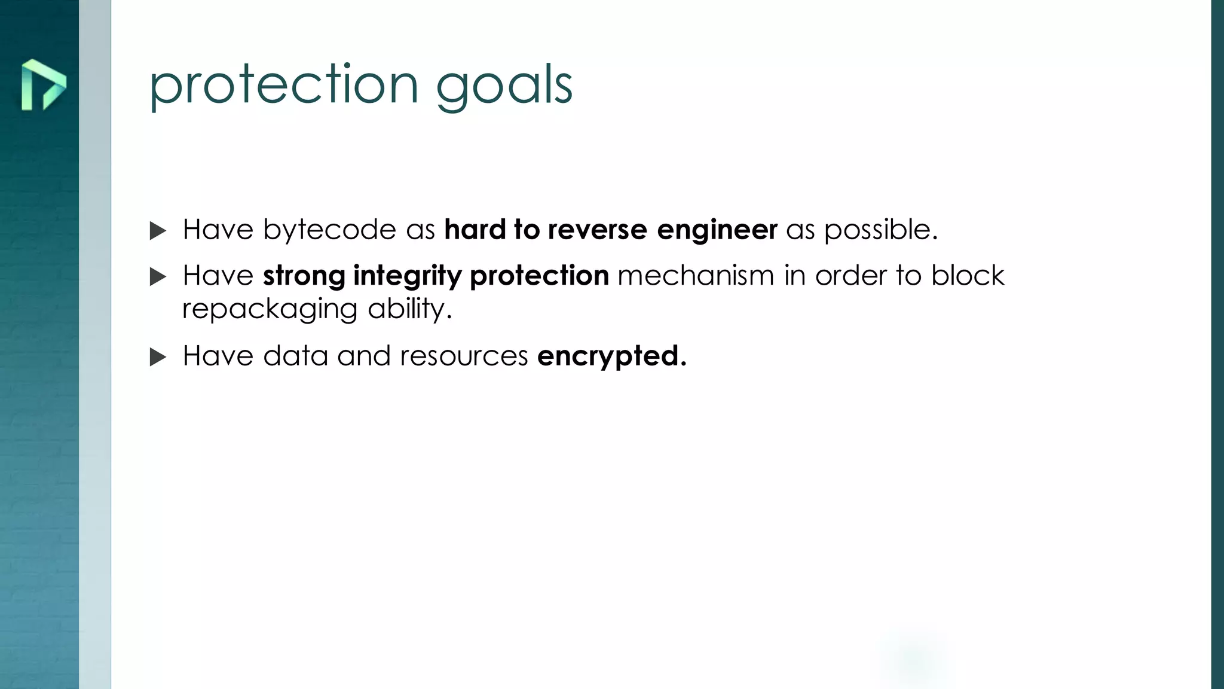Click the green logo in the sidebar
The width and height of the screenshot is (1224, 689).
tap(43, 85)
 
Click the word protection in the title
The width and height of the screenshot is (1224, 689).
tap(283, 85)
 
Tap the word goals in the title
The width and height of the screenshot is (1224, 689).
tap(504, 87)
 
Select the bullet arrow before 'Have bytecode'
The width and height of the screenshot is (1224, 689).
tap(158, 231)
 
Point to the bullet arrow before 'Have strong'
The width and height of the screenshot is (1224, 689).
tap(158, 277)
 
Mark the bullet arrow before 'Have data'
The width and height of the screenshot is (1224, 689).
tap(158, 357)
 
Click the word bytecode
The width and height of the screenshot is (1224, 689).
tap(329, 230)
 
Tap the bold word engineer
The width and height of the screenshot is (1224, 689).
tap(717, 230)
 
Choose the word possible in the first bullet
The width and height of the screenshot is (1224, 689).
tap(880, 230)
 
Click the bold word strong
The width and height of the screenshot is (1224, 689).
tap(304, 276)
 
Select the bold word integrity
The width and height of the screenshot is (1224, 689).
tap(408, 276)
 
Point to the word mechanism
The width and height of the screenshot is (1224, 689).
tap(696, 276)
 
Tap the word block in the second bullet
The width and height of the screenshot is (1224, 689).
tap(968, 276)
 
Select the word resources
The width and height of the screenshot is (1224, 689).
tap(464, 356)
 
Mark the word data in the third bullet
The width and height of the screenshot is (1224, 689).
tap(296, 356)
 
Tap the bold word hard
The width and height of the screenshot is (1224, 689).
tap(475, 230)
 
